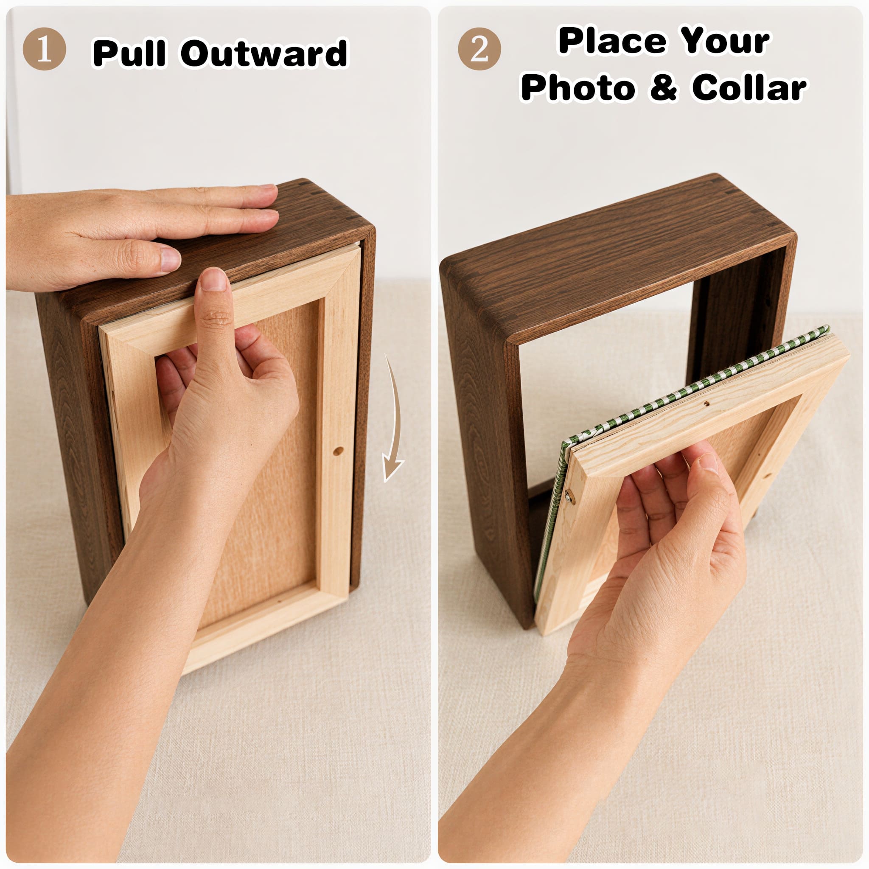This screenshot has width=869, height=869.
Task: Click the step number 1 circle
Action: pyautogui.click(x=44, y=48)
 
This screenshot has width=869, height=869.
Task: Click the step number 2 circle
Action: pyautogui.click(x=479, y=48)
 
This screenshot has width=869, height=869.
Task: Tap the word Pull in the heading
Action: pyautogui.click(x=128, y=53)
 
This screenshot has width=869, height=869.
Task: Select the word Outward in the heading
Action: pyautogui.click(x=264, y=53)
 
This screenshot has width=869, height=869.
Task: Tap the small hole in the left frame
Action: pyautogui.click(x=338, y=451)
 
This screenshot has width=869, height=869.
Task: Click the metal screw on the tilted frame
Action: pyautogui.click(x=569, y=496)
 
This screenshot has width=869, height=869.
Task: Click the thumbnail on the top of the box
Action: pyautogui.click(x=170, y=260)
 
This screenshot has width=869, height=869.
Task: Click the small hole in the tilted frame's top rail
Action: pyautogui.click(x=706, y=404)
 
